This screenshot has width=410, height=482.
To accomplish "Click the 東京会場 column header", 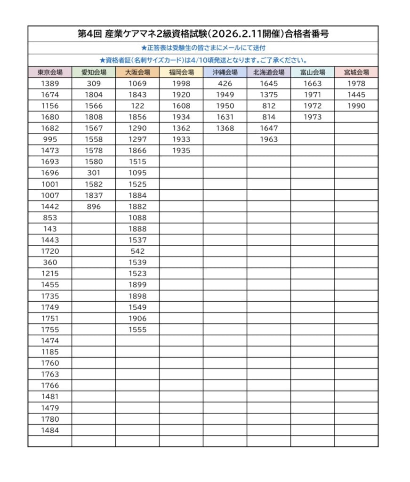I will [x=50, y=72].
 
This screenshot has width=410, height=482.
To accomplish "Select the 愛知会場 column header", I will [x=94, y=72].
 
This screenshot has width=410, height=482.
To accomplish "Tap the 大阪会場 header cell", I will [x=137, y=72].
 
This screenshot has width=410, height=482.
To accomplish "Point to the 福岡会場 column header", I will [x=181, y=72].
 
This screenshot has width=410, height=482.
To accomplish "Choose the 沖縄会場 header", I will [x=225, y=72].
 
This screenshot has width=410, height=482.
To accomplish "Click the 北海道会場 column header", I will [x=269, y=72].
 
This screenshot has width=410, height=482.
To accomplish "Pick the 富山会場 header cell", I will [x=313, y=72].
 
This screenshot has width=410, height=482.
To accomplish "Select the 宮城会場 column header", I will [x=356, y=72].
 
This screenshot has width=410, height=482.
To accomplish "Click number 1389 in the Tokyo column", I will [x=50, y=84].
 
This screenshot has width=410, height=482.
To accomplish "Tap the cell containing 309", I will [x=94, y=84].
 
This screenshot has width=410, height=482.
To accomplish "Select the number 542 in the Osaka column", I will [x=138, y=251].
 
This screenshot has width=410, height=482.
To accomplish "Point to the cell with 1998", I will [x=181, y=84].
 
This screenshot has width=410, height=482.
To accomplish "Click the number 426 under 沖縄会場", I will [x=225, y=84].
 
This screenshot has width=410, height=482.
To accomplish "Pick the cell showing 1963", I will [x=269, y=139].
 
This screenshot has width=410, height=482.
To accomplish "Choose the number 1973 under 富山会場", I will [x=313, y=117].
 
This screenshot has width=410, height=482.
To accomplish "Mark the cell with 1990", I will [x=356, y=106].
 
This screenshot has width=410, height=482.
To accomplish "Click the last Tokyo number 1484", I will [x=50, y=430].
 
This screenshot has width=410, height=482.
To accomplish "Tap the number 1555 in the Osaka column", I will [x=138, y=329].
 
